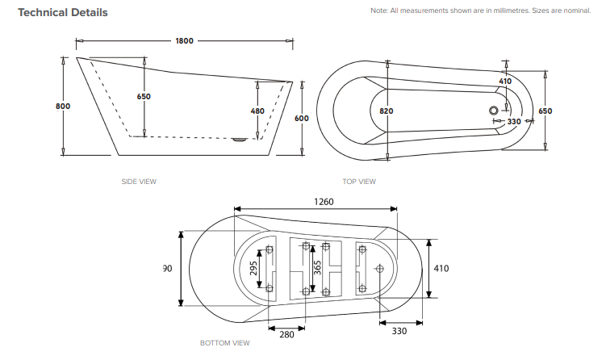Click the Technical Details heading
pos(63,13)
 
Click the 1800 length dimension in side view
pos(182,40)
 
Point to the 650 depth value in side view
pos(144,96)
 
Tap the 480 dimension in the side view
pos(257,111)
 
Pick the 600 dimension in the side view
pos(301,118)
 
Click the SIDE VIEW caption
pos(139,182)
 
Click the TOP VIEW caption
pos(359,182)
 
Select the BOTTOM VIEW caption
pos(225,343)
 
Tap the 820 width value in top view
pos(386,111)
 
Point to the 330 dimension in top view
pos(514,121)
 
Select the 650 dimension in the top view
pos(545,111)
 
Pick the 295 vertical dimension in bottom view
pos(253,267)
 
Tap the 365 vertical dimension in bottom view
pos(317,268)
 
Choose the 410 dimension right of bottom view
pos(441,268)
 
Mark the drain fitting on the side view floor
pos(239,138)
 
